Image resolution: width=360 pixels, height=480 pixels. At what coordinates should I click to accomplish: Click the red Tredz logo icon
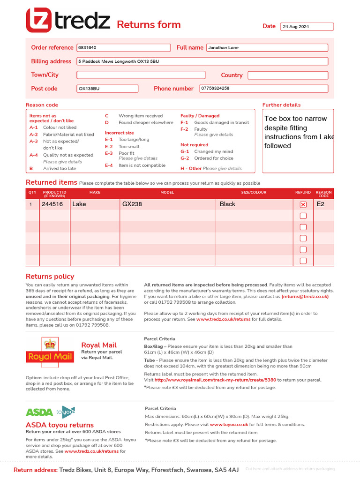pyautogui.click(x=38, y=21)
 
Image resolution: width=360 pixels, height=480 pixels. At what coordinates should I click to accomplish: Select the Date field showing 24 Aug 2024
pyautogui.click(x=307, y=27)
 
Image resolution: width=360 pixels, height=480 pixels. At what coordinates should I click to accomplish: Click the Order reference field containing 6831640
pyautogui.click(x=123, y=48)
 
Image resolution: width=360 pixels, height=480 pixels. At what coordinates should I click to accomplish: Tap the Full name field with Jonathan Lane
pyautogui.click(x=267, y=48)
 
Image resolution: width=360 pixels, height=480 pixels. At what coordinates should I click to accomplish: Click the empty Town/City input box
pyautogui.click(x=141, y=75)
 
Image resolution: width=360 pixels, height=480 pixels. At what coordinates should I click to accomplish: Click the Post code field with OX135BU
pyautogui.click(x=107, y=89)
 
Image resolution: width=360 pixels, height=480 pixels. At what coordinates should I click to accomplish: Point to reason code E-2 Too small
pyautogui.click(x=122, y=147)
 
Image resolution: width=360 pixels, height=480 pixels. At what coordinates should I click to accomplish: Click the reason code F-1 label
pyautogui.click(x=184, y=123)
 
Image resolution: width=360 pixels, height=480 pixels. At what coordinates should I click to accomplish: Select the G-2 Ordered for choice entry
pyautogui.click(x=207, y=158)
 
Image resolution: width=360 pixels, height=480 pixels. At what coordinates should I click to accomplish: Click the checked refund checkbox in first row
pyautogui.click(x=303, y=204)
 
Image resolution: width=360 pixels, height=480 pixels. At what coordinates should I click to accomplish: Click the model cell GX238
pyautogui.click(x=132, y=204)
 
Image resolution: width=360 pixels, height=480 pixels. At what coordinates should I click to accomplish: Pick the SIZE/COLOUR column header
pyautogui.click(x=254, y=192)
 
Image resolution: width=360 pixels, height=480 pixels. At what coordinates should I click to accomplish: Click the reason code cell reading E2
pyautogui.click(x=321, y=204)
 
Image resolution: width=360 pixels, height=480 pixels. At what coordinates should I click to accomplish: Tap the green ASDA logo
pyautogui.click(x=39, y=412)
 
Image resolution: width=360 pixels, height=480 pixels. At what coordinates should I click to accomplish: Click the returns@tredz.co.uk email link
pyautogui.click(x=305, y=297)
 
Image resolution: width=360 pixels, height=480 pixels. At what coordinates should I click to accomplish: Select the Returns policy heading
pyautogui.click(x=50, y=277)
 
